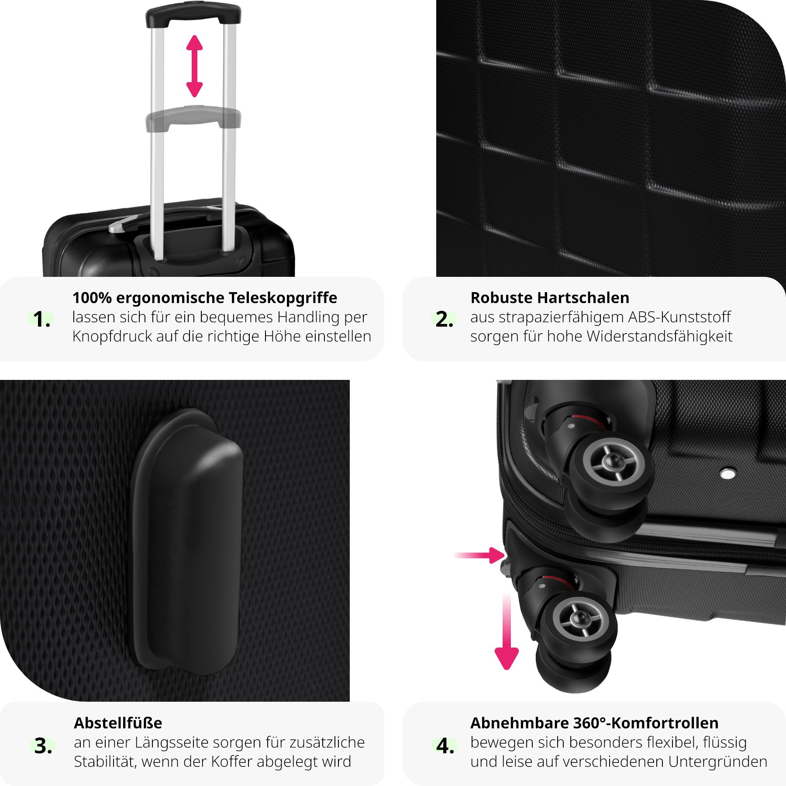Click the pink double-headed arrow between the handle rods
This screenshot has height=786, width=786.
194,66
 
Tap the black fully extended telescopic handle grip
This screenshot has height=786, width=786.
193,14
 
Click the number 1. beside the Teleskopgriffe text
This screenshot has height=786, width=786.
41,319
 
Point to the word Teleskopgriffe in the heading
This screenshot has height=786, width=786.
283,297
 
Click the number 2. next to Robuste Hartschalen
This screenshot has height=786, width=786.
444,319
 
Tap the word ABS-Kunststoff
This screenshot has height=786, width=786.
679,317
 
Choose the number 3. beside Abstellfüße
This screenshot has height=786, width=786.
43,745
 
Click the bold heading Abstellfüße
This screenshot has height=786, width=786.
118,723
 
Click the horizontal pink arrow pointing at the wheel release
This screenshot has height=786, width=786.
479,555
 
